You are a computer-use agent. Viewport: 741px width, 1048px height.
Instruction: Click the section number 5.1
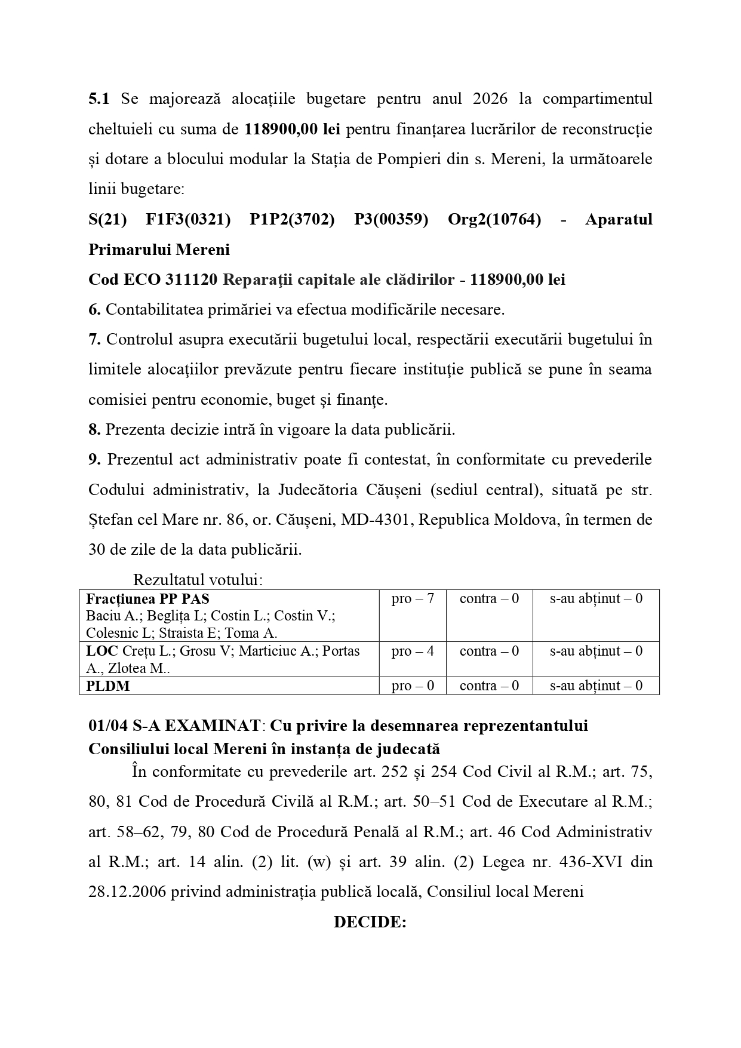99,99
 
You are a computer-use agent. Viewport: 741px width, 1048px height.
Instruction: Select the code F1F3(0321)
188,219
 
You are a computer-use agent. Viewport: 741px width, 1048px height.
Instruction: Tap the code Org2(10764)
494,219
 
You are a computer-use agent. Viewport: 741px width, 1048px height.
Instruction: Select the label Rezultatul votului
198,580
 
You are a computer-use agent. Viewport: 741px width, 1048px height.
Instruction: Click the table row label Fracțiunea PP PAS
147,599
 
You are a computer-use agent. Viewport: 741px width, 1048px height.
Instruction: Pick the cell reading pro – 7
413,599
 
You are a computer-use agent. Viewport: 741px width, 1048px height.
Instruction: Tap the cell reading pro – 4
413,651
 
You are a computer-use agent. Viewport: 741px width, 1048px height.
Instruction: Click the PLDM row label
107,686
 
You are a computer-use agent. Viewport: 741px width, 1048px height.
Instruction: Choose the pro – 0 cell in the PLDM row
413,686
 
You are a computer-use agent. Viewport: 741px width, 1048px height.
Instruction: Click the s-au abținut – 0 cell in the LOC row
596,651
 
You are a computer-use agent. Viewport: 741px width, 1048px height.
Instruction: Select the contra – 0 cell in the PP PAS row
489,599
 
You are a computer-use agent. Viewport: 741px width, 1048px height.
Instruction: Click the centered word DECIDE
370,922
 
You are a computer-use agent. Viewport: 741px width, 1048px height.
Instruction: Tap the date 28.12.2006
127,892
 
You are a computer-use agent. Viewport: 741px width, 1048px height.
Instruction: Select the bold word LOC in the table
102,651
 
